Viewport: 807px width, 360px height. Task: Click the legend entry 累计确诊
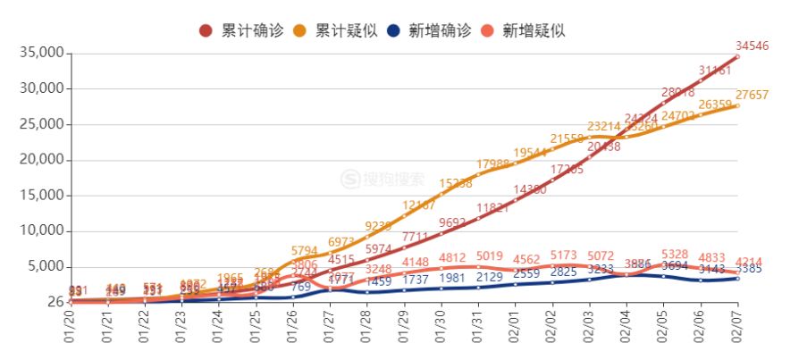(242, 30)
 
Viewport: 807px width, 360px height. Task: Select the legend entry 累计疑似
(335, 30)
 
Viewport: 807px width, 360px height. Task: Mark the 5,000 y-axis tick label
(44, 266)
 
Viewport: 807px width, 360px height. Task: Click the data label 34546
(752, 46)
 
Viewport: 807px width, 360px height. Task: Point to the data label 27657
(752, 95)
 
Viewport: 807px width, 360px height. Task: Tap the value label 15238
(456, 183)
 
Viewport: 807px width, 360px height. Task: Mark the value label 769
(301, 287)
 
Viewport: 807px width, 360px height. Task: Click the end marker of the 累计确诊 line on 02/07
(737, 56)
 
